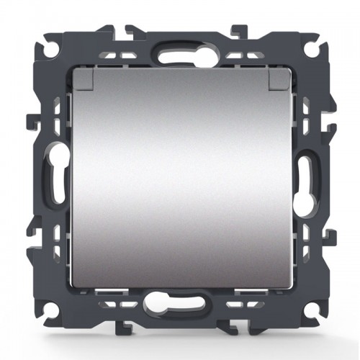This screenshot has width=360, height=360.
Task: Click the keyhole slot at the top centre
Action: (x=180, y=55)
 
